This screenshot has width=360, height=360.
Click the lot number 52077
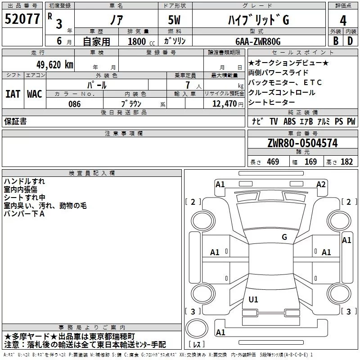(x=22, y=19)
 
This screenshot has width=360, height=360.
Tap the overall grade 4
(x=343, y=21)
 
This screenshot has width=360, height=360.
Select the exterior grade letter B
(x=336, y=41)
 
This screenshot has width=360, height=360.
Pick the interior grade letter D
(x=350, y=41)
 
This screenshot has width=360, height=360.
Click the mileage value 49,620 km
(x=55, y=65)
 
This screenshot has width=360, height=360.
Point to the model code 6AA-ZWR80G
(x=258, y=41)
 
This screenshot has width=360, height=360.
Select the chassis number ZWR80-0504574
(x=302, y=143)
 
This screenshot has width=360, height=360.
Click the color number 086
(x=75, y=104)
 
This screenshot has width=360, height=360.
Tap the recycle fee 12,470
(x=225, y=104)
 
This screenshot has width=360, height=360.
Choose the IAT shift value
(x=13, y=94)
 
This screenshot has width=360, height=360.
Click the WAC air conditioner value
(x=35, y=94)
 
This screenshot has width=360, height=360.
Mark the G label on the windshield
(x=284, y=237)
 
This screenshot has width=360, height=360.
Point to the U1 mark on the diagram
(x=253, y=299)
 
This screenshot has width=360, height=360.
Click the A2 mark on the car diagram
(x=321, y=184)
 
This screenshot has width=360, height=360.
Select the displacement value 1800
(x=137, y=41)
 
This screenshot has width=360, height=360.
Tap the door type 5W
(x=174, y=20)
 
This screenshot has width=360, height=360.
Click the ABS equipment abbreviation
(x=289, y=121)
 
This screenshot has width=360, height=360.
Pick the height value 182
(x=346, y=162)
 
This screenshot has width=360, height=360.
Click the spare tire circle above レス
(x=197, y=328)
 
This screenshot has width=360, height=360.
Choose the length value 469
(x=273, y=162)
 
